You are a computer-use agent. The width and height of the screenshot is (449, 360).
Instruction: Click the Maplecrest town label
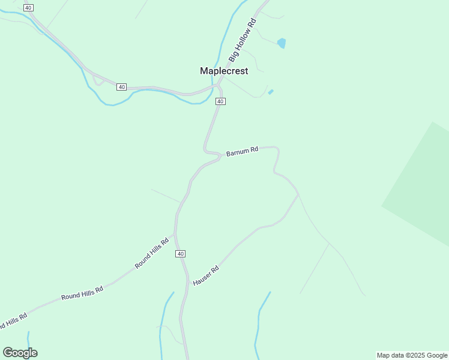[224, 71]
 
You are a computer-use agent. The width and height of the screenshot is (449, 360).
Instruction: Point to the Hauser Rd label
[205, 275]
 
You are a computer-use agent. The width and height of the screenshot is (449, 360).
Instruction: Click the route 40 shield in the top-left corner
[28, 7]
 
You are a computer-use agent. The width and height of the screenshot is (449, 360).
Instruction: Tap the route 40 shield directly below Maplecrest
[220, 101]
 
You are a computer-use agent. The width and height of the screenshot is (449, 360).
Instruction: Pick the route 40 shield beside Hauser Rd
[181, 254]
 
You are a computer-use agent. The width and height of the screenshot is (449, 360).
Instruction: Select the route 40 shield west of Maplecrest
[122, 87]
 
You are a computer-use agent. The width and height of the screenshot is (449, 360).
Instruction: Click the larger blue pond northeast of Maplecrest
[281, 43]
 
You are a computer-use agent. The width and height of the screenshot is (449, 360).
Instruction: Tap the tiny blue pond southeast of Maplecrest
[271, 92]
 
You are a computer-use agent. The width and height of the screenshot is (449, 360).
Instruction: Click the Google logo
[20, 353]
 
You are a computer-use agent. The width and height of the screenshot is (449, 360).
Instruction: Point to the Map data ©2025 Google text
[412, 355]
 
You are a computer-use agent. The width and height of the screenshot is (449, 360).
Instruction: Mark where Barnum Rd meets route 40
[220, 156]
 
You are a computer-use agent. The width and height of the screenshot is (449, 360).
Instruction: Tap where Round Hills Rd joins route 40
[175, 234]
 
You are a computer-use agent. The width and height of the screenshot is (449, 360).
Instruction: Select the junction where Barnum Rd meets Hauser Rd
[298, 194]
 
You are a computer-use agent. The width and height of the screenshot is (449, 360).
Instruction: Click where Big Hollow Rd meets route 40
[218, 83]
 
